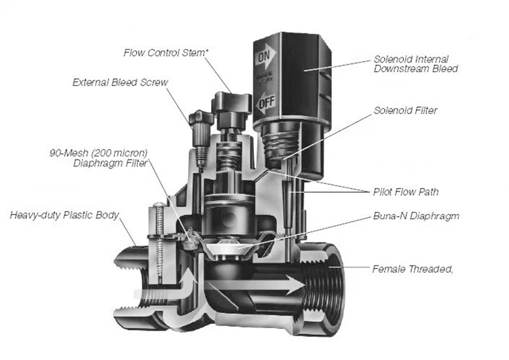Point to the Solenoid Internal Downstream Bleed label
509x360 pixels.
pos(416,63)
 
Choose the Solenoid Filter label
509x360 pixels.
pos(405,111)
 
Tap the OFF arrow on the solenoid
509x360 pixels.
pos(265,104)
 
